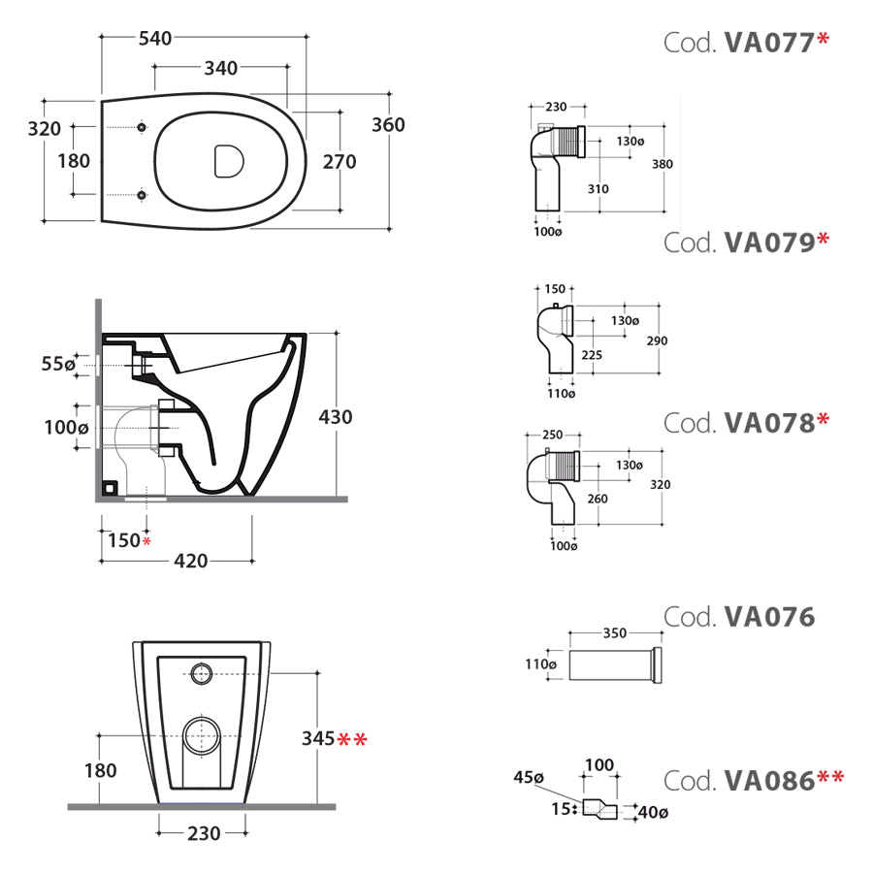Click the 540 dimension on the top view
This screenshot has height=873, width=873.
[155, 39]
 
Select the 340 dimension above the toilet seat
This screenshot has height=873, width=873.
[220, 69]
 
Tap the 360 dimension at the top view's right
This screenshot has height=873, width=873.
[388, 125]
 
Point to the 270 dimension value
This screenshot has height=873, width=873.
[339, 162]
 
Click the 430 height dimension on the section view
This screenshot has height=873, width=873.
[336, 417]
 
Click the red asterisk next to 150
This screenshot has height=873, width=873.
[146, 540]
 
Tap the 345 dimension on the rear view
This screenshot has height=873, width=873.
[318, 740]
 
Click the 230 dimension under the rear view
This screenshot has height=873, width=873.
[204, 832]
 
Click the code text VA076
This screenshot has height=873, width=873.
[768, 617]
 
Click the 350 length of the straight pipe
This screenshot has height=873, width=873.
[614, 632]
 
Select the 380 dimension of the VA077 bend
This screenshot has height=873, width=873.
[662, 164]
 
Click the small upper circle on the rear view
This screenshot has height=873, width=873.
[203, 670]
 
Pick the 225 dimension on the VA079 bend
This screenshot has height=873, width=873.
[593, 355]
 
